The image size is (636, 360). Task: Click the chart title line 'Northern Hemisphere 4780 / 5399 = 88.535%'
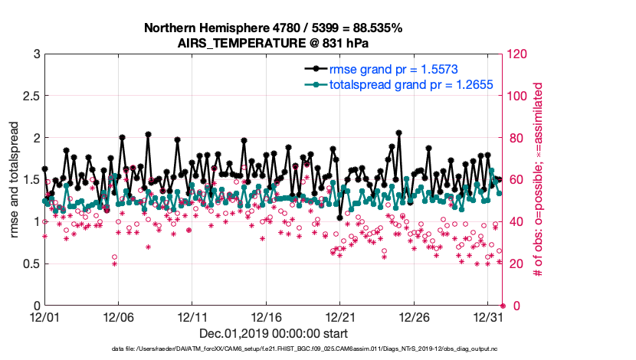click(273, 28)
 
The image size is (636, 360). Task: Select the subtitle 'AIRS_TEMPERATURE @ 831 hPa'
click(273, 43)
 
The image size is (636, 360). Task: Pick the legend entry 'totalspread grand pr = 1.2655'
click(411, 83)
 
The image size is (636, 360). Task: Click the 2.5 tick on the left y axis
click(31, 97)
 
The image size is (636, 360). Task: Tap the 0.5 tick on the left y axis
click(31, 264)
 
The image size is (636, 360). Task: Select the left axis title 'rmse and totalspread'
click(15, 180)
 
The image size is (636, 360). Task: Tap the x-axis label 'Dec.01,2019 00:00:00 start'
click(274, 333)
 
